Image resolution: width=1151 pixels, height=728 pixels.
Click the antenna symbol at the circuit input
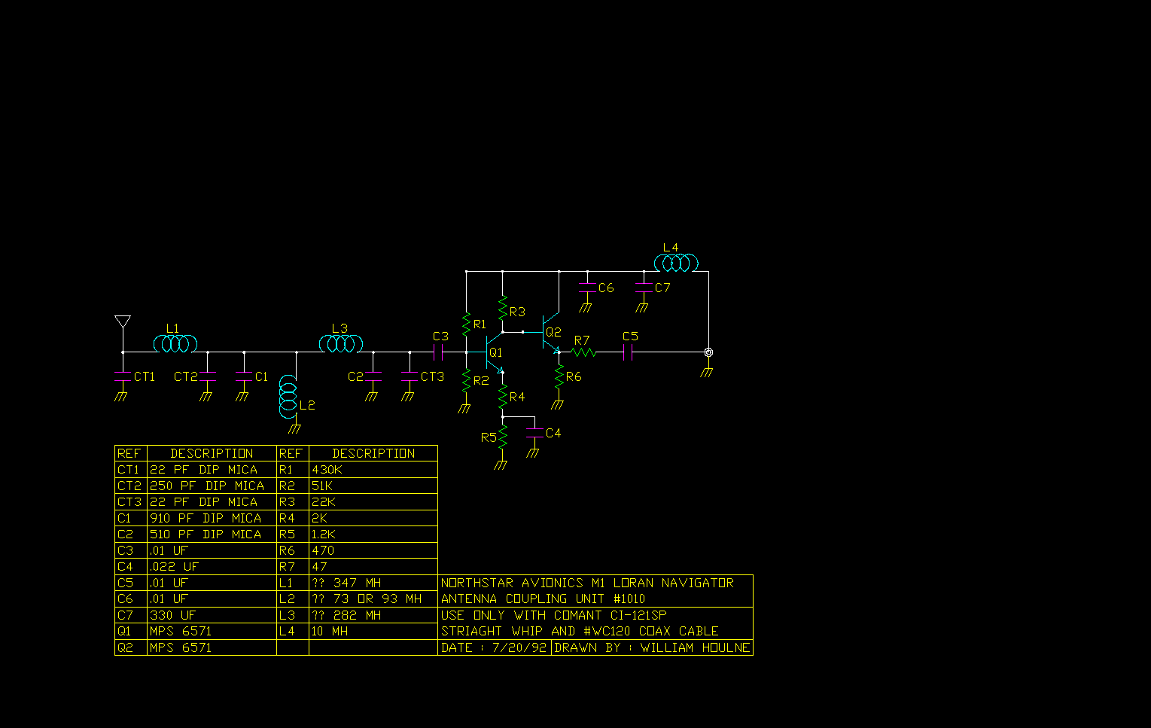(123, 321)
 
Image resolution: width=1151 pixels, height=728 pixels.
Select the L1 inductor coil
(175, 344)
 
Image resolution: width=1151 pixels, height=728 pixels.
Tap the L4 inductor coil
(676, 263)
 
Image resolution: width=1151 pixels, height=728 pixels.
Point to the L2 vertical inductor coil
(288, 397)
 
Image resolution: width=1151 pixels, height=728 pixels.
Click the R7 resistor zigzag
(583, 352)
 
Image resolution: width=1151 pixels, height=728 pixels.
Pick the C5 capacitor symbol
(627, 352)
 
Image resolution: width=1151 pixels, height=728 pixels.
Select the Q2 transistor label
(553, 333)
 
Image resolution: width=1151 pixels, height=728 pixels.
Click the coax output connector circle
(708, 352)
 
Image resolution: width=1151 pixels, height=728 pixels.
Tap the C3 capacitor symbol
(438, 352)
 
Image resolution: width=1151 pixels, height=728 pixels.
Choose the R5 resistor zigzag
(503, 437)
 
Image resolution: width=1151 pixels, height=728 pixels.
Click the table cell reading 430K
(373, 470)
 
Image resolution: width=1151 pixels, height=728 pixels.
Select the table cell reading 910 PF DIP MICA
(212, 519)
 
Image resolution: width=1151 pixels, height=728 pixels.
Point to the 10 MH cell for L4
(373, 632)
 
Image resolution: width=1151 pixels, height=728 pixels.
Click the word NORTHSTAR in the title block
(477, 583)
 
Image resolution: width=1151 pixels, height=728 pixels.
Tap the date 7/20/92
(519, 648)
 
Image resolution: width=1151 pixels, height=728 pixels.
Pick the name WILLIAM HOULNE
(696, 648)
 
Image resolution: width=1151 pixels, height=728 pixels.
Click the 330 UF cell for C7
(212, 616)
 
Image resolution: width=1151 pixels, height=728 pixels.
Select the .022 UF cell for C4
(212, 567)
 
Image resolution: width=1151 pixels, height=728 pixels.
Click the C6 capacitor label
(606, 288)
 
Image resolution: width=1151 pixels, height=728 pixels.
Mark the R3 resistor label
(517, 312)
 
